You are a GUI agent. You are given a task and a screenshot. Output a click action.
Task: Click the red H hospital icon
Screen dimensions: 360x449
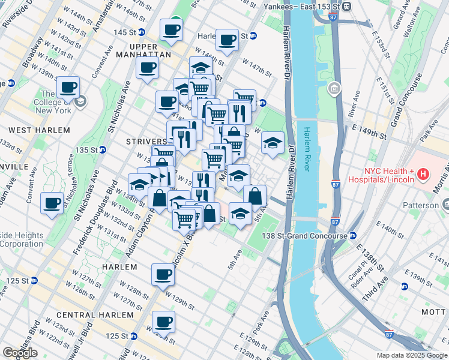pyautogui.click(x=423, y=175)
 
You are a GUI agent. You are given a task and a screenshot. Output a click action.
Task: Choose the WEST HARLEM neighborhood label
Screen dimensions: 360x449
pyautogui.click(x=39, y=130)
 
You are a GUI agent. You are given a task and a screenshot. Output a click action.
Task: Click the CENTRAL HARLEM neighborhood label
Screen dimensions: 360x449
pyautogui.click(x=95, y=315)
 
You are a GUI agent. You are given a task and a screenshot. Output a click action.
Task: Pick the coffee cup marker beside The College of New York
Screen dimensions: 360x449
pyautogui.click(x=68, y=87)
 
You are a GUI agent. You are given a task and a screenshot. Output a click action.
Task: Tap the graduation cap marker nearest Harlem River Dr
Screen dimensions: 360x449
pyautogui.click(x=273, y=143)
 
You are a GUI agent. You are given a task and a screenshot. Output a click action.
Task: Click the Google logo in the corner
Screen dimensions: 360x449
pyautogui.click(x=20, y=353)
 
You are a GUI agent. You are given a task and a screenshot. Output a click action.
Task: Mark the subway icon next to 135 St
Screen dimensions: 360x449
pyautogui.click(x=102, y=149)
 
